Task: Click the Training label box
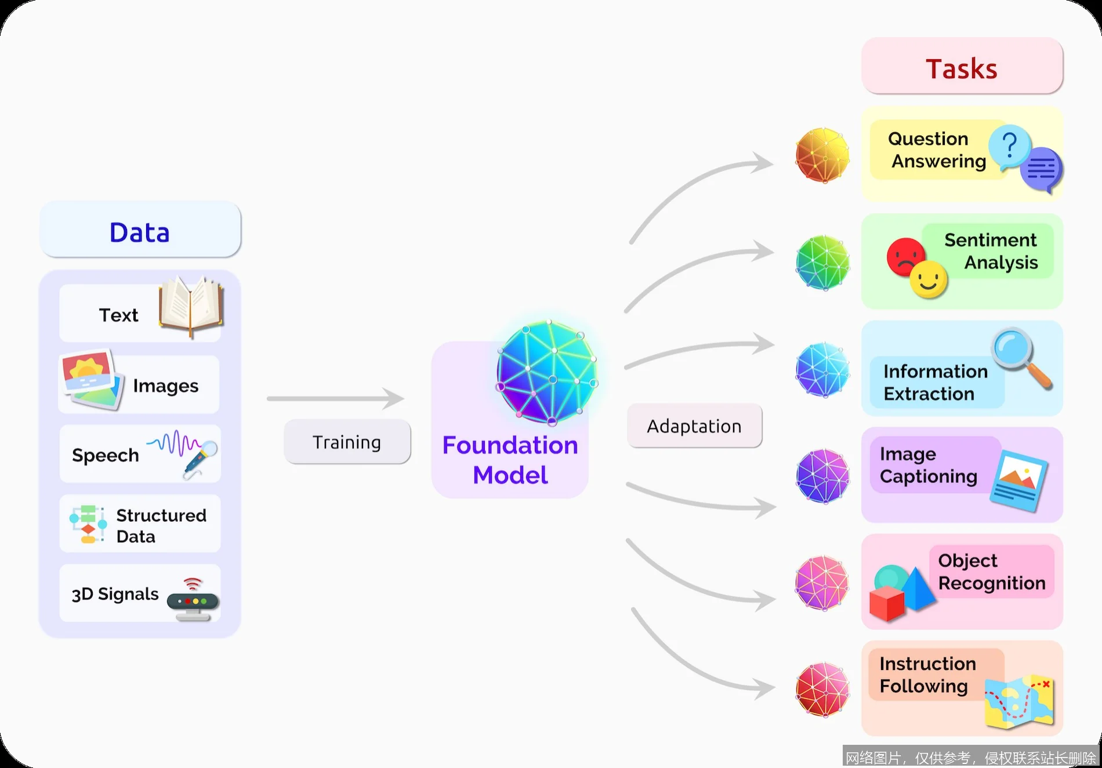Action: [x=347, y=442]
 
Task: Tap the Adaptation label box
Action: [x=694, y=426]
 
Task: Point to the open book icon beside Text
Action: [x=191, y=306]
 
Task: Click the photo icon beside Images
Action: [x=92, y=380]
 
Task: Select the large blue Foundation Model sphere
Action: [x=547, y=372]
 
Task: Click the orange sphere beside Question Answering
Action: [x=822, y=155]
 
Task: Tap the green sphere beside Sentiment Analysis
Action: [x=822, y=262]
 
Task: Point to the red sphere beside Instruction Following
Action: [x=822, y=690]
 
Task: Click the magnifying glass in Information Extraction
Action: [x=1019, y=356]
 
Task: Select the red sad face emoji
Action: [x=905, y=255]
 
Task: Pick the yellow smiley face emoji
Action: [x=928, y=280]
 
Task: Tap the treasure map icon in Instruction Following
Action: [x=1020, y=701]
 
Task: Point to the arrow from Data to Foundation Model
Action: [x=335, y=398]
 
